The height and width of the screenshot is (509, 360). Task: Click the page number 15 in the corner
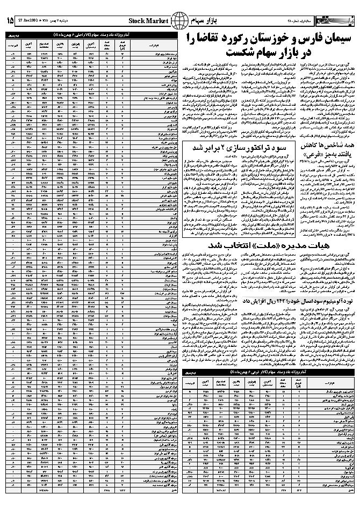10,20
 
